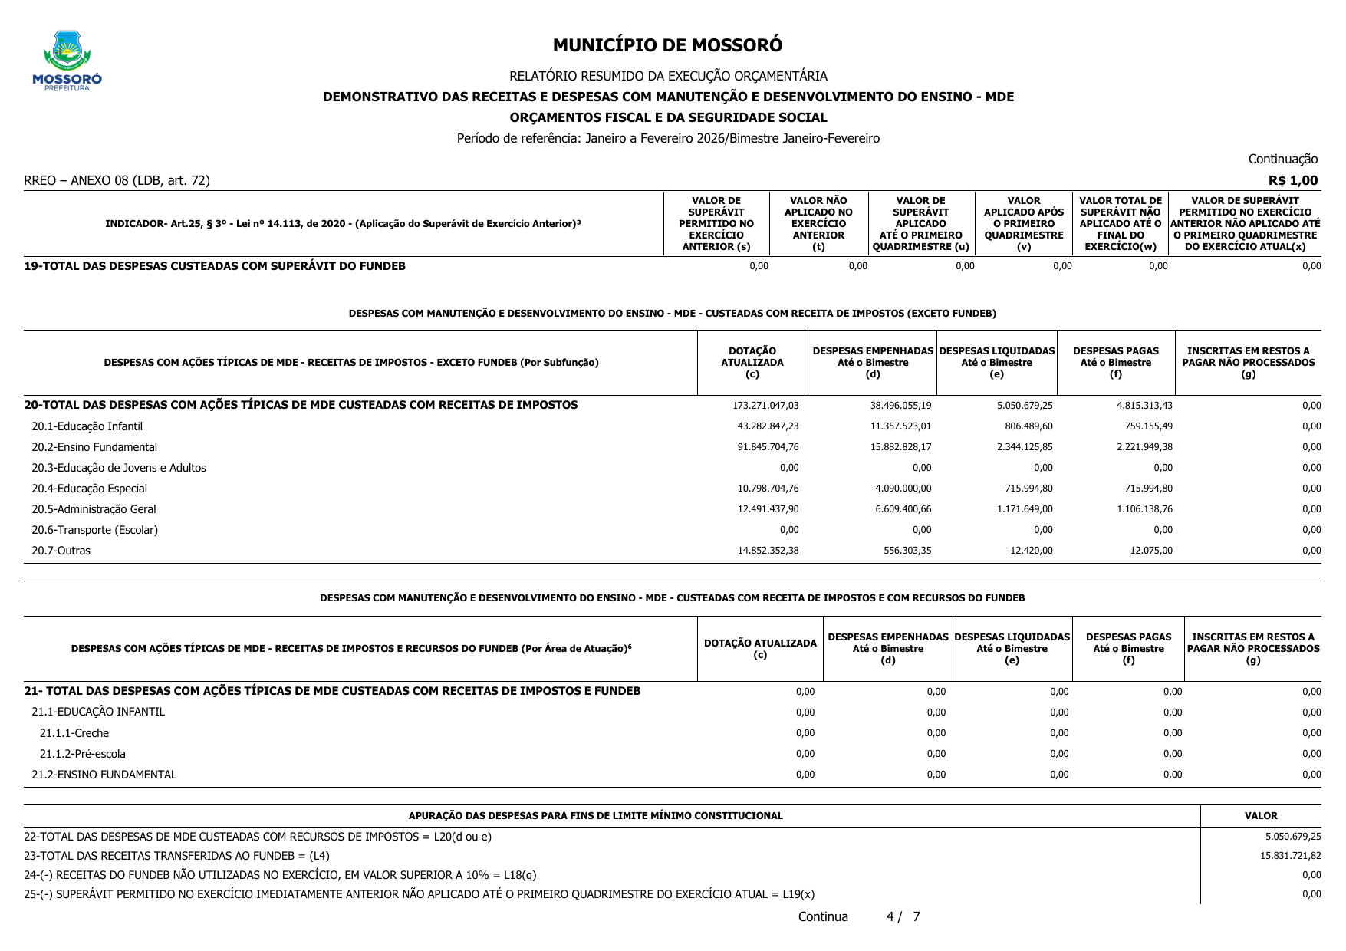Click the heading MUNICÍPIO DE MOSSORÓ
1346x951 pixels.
(x=667, y=45)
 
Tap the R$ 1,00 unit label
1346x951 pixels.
(x=1293, y=181)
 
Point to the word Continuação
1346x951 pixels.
(x=1282, y=160)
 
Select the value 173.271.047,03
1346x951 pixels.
(x=768, y=406)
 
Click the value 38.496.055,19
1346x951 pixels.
(x=900, y=406)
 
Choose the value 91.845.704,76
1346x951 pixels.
(x=768, y=447)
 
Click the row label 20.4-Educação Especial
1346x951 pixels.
(x=89, y=489)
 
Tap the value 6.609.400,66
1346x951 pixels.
(x=903, y=509)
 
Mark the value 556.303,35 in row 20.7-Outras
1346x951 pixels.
(x=907, y=551)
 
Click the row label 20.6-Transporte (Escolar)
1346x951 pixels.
(x=94, y=530)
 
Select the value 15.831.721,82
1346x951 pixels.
(x=1290, y=856)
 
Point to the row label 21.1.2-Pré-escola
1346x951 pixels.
(x=82, y=754)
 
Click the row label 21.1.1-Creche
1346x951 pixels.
(x=74, y=733)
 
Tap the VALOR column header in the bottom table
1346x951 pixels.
(x=1261, y=816)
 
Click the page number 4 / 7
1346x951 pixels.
(x=903, y=917)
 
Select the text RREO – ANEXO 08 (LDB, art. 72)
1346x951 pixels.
(x=117, y=181)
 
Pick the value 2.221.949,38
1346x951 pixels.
(x=1144, y=447)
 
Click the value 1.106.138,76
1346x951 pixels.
(x=1144, y=509)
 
